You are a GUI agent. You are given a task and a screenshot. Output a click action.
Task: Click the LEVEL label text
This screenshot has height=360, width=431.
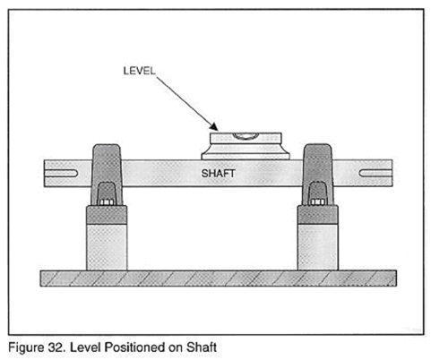coord(139,71)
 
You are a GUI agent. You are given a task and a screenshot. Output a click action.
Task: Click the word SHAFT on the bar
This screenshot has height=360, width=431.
coord(218,173)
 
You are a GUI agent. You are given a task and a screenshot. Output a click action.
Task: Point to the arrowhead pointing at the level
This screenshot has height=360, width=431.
coord(214,127)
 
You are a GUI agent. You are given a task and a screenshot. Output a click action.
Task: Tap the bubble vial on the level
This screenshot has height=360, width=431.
coord(246,136)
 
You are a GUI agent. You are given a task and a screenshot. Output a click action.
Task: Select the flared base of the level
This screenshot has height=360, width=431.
coord(246,152)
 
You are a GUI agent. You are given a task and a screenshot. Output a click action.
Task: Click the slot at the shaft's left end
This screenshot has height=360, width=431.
coord(61,173)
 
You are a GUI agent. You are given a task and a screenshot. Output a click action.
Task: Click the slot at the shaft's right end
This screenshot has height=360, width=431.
coord(375,173)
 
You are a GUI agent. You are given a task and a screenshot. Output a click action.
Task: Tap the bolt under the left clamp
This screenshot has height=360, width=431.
coord(107,202)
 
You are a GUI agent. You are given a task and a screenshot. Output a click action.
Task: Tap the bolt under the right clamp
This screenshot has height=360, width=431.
coord(317,202)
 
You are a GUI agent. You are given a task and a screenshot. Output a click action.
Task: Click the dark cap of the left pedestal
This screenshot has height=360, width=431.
coord(107,215)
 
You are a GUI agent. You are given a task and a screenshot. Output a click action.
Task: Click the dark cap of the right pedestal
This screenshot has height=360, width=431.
coord(318,215)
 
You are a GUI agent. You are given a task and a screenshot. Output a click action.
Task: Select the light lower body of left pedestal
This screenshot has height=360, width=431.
coord(107,247)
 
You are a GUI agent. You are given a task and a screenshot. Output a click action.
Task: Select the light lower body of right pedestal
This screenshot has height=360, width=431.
coord(318,247)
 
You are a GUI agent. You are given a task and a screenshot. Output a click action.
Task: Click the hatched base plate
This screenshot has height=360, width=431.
coord(219,279)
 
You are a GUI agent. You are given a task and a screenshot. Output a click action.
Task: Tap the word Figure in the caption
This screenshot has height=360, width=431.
coord(27,348)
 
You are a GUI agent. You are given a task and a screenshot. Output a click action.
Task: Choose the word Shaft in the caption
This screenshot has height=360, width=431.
coord(202,347)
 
